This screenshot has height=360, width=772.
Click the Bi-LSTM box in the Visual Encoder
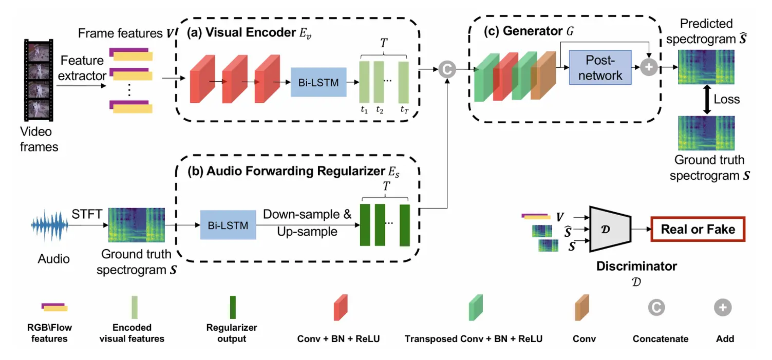(318, 82)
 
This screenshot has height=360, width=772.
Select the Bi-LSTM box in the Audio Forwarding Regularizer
(228, 225)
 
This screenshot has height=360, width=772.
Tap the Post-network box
(600, 68)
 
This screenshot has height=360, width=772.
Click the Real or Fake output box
(698, 229)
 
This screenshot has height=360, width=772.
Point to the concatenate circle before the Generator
(447, 69)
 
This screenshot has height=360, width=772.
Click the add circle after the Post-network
(648, 67)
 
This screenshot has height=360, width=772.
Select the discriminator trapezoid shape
(610, 229)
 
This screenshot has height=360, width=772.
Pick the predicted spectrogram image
(706, 67)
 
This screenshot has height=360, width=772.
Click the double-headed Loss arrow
(707, 100)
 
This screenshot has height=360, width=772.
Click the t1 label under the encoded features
(364, 110)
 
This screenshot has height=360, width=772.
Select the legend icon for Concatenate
(656, 308)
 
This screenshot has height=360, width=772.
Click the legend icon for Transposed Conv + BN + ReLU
(476, 308)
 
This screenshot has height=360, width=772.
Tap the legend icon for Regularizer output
(232, 307)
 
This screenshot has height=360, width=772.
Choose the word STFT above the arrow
(87, 214)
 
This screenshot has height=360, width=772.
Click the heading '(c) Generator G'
(529, 31)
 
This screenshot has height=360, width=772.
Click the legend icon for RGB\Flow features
(55, 307)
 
